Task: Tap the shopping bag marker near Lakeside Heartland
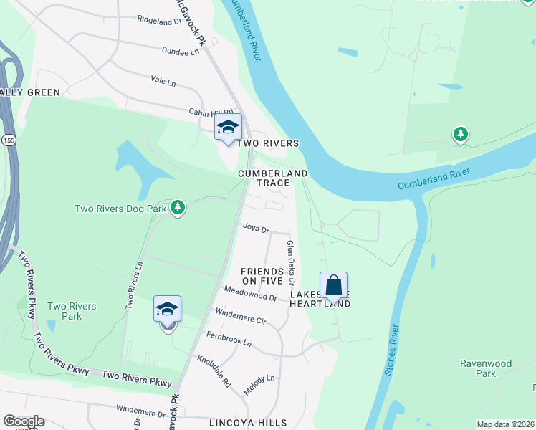(x=334, y=285)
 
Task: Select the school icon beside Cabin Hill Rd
(x=228, y=128)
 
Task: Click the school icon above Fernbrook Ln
(x=167, y=309)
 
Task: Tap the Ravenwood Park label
(x=486, y=368)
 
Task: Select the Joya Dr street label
(x=255, y=230)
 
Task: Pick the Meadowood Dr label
(x=250, y=293)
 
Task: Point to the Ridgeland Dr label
(x=159, y=21)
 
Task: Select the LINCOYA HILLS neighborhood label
(x=248, y=423)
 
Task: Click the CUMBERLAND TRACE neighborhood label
(x=273, y=178)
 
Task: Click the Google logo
(x=24, y=421)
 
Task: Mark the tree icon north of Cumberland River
(x=460, y=134)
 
